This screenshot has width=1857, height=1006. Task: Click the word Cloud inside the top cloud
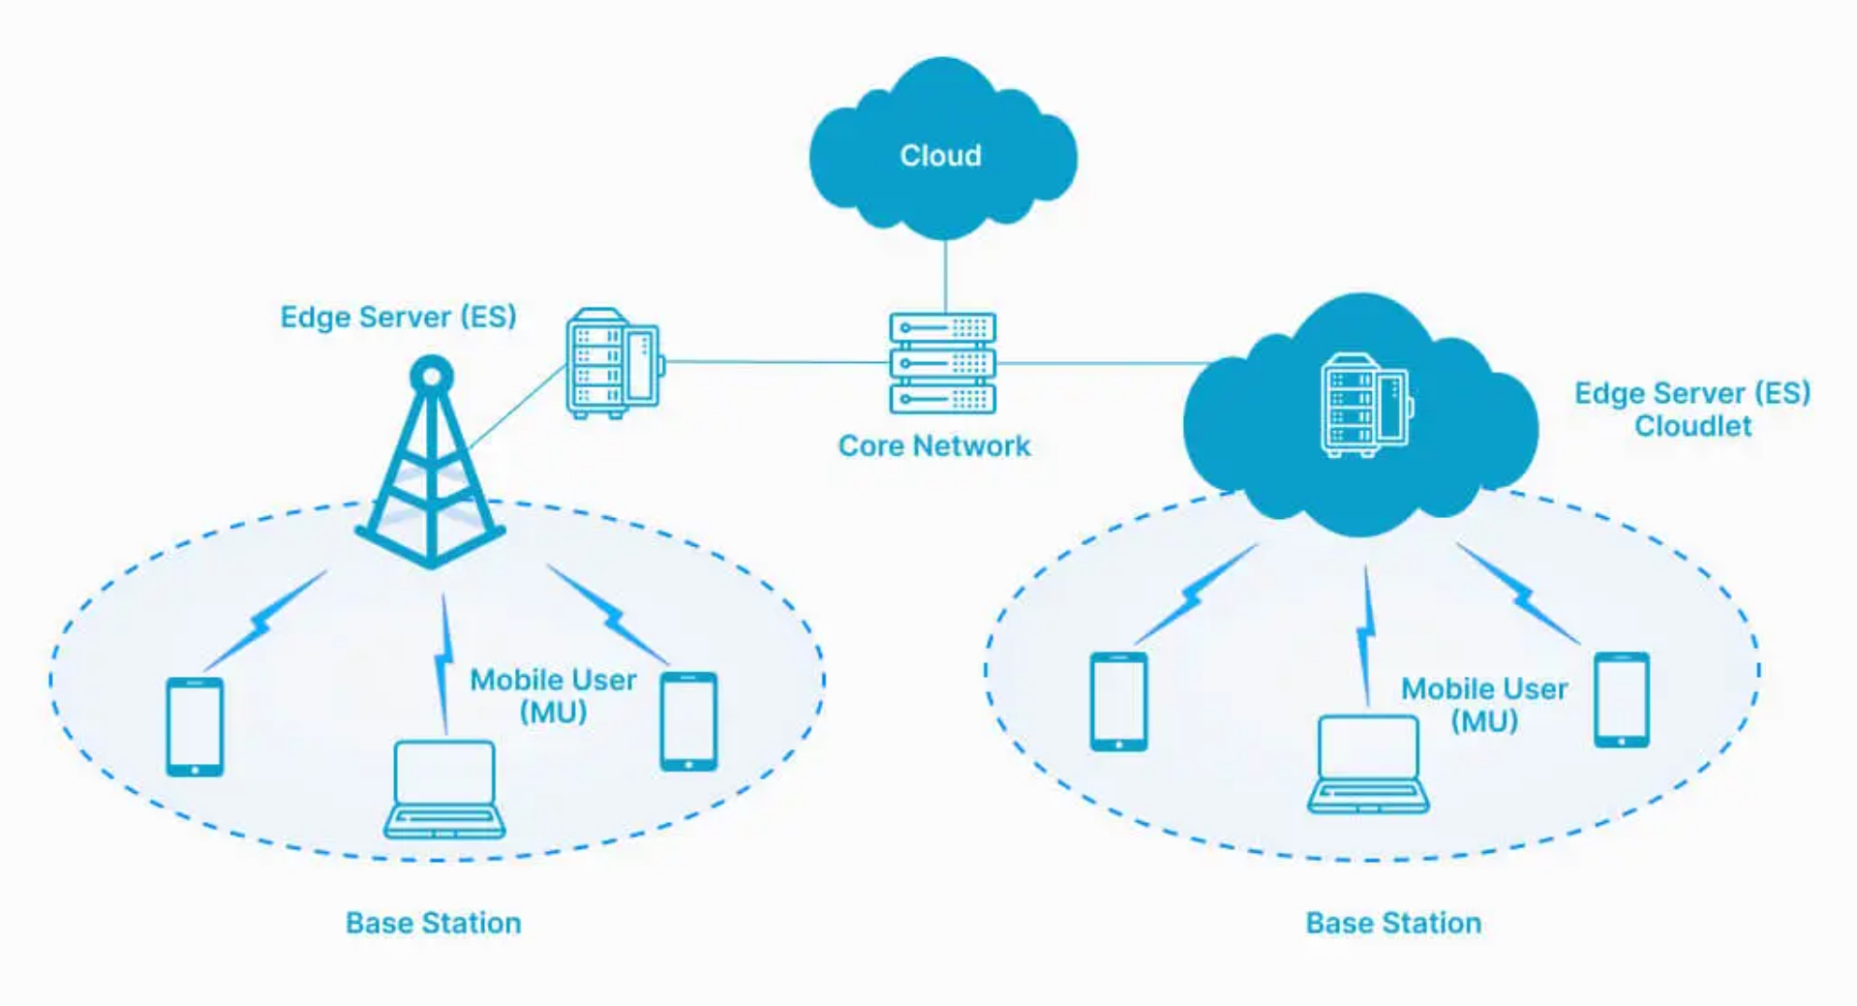click(x=940, y=155)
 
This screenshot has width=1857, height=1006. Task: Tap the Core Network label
click(x=934, y=445)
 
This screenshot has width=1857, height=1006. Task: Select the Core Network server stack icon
click(x=943, y=362)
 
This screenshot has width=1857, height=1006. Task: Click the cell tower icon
click(x=431, y=462)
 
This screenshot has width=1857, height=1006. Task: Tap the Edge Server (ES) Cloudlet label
click(x=1692, y=410)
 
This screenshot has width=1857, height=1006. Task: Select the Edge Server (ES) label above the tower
click(x=398, y=317)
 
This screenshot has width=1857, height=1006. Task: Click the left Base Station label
click(x=434, y=923)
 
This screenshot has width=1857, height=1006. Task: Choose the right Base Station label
click(x=1393, y=923)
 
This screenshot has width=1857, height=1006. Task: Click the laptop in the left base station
click(x=444, y=789)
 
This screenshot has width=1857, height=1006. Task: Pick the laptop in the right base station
click(x=1368, y=764)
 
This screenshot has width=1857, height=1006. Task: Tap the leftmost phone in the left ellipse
click(x=195, y=726)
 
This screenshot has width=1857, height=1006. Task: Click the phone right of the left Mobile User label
click(x=688, y=721)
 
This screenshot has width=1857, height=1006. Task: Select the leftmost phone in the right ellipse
click(x=1119, y=701)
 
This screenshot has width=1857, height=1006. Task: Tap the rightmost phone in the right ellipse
click(x=1622, y=699)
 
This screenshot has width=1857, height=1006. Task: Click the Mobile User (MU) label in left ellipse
click(x=553, y=696)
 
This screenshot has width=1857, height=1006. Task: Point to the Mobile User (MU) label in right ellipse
click(x=1484, y=705)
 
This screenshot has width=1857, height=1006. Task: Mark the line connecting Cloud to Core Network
click(x=945, y=276)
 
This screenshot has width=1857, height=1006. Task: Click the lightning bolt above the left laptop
click(x=443, y=664)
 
